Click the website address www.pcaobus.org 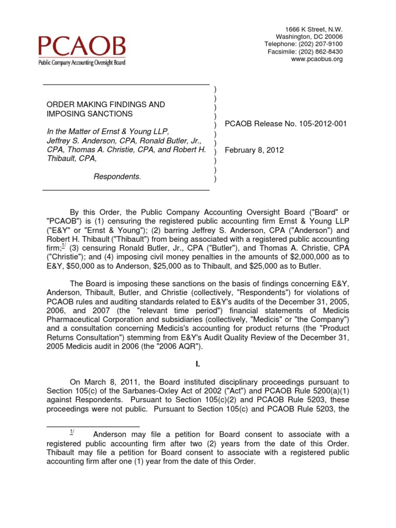tap(317, 59)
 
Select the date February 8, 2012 tap(254, 150)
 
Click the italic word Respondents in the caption tap(117, 176)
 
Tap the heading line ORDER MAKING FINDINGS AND tap(106, 105)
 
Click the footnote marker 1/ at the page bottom tap(73, 432)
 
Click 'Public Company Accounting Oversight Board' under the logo tap(81, 62)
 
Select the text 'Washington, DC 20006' tap(309, 37)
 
